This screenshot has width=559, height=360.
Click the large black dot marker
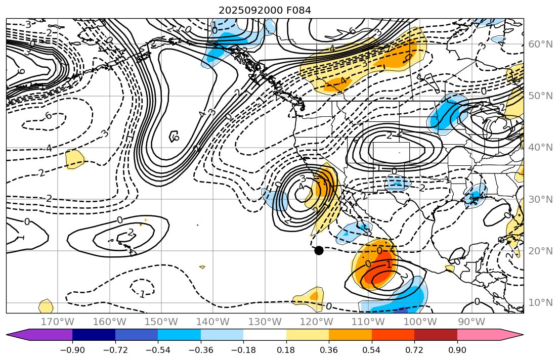[x=319, y=250]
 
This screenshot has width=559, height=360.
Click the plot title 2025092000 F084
[x=265, y=10]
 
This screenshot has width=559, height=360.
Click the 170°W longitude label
[x=58, y=322]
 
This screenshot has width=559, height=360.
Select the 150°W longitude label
[x=161, y=322]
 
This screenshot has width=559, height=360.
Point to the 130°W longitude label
[x=265, y=322]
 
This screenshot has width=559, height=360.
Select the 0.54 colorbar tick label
[x=372, y=350]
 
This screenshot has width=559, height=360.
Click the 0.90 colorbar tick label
[x=457, y=350]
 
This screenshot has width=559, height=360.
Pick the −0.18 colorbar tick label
[x=243, y=350]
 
